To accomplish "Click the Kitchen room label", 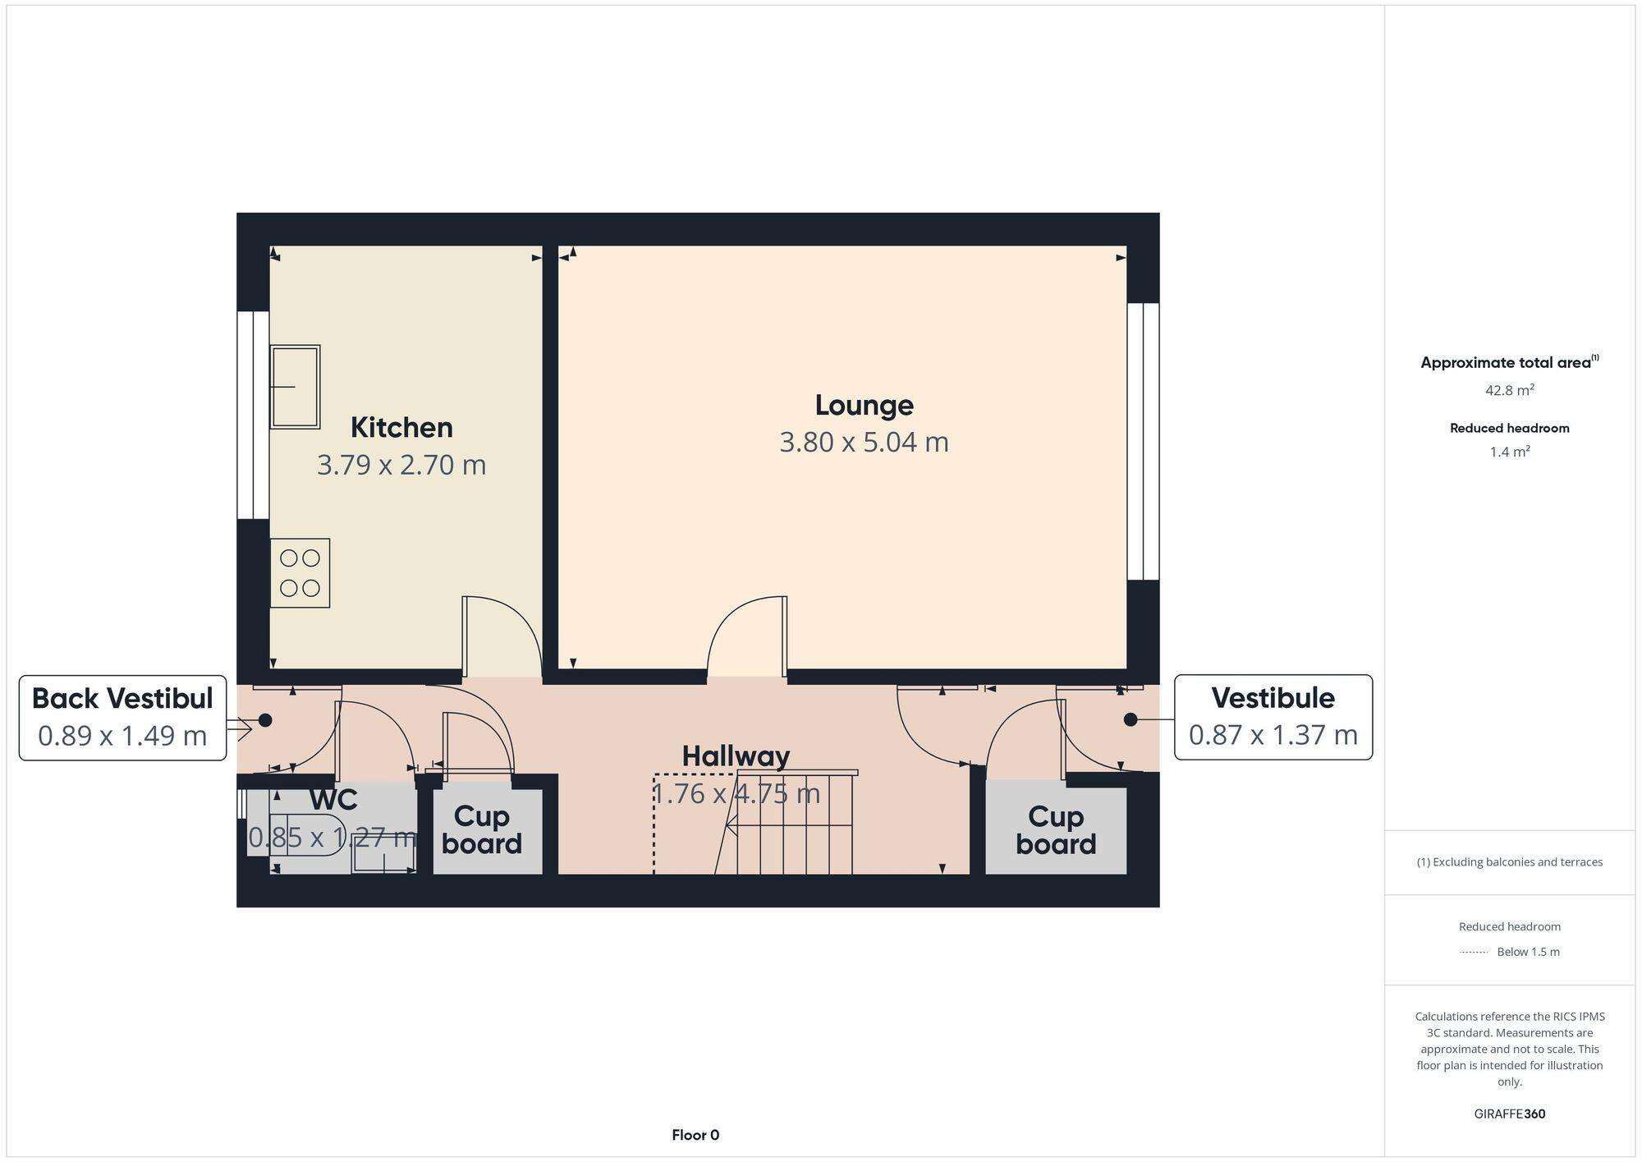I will [x=401, y=428].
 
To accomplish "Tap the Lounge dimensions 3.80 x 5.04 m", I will [x=864, y=443].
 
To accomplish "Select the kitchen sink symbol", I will [x=295, y=387].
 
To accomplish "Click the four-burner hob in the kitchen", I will [x=300, y=573].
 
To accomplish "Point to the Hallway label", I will [x=736, y=756].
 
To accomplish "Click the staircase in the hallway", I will [x=792, y=823].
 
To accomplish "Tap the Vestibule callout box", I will [x=1273, y=717].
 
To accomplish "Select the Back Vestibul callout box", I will [x=122, y=718].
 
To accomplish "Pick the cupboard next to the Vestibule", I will [x=1055, y=829].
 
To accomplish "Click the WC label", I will [x=333, y=799].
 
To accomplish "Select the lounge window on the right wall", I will [x=1142, y=442].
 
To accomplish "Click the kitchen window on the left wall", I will [x=253, y=415].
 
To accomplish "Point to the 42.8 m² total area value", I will [x=1509, y=391].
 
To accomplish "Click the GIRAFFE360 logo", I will [x=1509, y=1114].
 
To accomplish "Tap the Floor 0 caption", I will [x=695, y=1135].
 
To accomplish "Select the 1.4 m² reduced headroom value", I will [x=1509, y=452].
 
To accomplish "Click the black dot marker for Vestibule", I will [x=1131, y=719].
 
